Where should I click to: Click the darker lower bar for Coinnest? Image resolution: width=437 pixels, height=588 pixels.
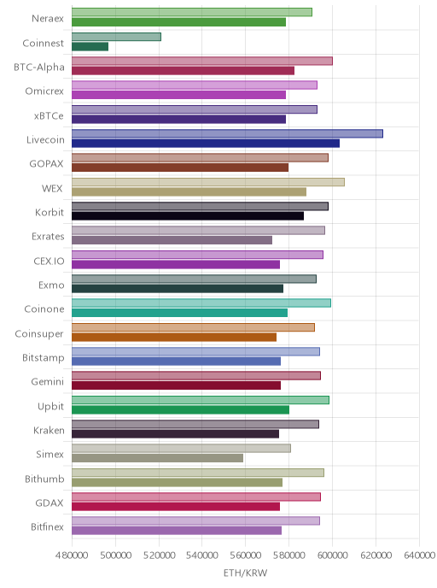[90, 46]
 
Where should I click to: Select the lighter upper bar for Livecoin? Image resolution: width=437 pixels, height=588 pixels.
[227, 133]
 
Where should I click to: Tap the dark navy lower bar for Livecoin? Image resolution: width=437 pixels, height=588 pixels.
[206, 144]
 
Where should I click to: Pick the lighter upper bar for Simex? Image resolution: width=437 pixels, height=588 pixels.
[181, 448]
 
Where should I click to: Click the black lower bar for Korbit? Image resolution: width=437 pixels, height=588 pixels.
[188, 216]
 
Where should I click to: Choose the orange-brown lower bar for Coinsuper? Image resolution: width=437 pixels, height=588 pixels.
[174, 337]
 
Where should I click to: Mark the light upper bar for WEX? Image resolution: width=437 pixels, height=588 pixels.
[208, 182]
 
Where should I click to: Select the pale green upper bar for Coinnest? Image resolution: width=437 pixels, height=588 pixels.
[116, 37]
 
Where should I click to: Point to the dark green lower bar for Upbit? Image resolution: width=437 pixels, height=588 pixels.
[180, 410]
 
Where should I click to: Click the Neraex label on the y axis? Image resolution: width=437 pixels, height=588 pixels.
[48, 19]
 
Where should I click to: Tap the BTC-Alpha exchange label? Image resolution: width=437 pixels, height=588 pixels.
[39, 68]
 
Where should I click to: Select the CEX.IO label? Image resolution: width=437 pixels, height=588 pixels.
[49, 261]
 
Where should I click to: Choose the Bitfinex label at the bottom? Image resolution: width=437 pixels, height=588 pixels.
[47, 526]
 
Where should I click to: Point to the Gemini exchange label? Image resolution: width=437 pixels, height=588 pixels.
[48, 382]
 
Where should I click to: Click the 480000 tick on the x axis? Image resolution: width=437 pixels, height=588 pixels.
[72, 555]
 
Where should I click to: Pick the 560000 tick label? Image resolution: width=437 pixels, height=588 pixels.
[245, 555]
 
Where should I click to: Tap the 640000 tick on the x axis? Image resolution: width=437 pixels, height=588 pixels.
[419, 555]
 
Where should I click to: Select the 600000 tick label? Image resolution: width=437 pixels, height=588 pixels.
[333, 555]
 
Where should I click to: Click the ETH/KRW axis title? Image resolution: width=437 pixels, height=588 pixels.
[245, 573]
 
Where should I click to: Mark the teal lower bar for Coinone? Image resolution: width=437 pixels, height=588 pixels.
[180, 313]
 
